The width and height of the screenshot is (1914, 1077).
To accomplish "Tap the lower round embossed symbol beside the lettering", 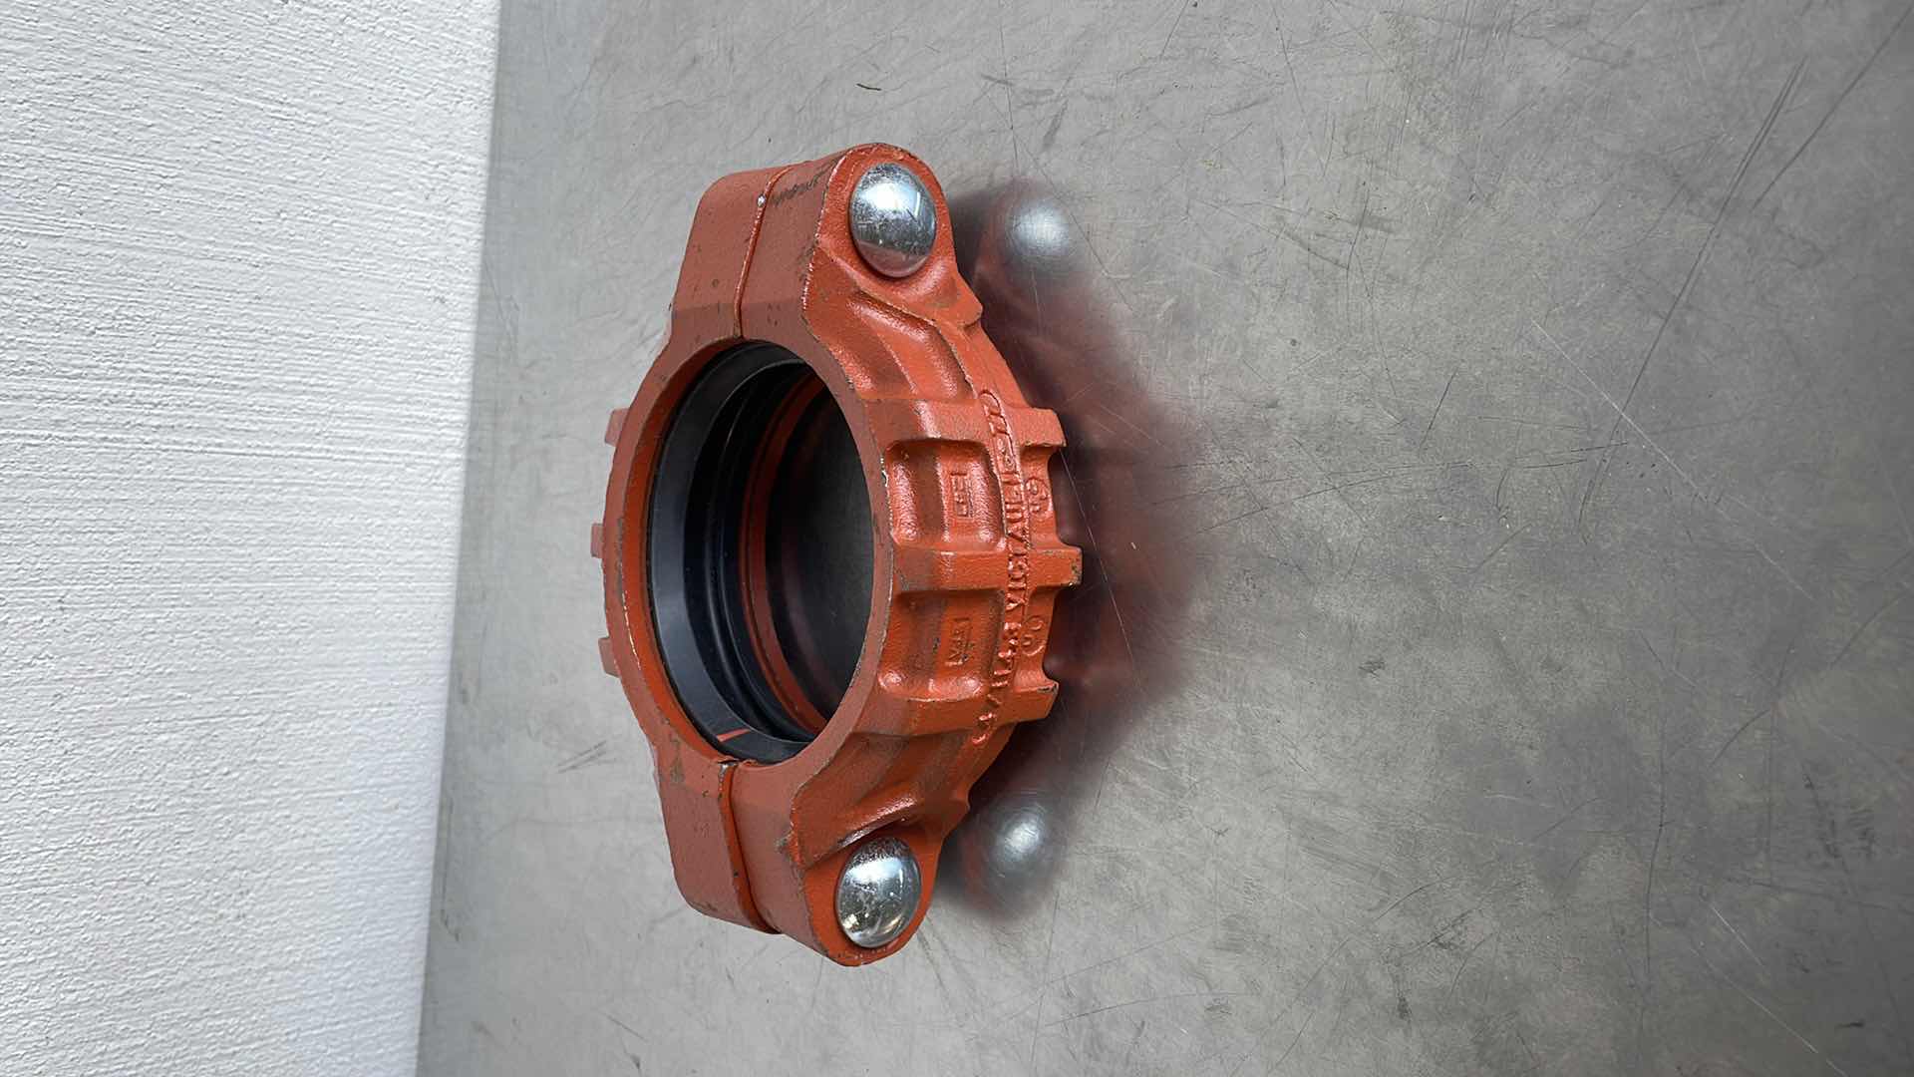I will [x=1037, y=623].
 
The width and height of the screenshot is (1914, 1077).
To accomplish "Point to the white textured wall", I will [x=219, y=538].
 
